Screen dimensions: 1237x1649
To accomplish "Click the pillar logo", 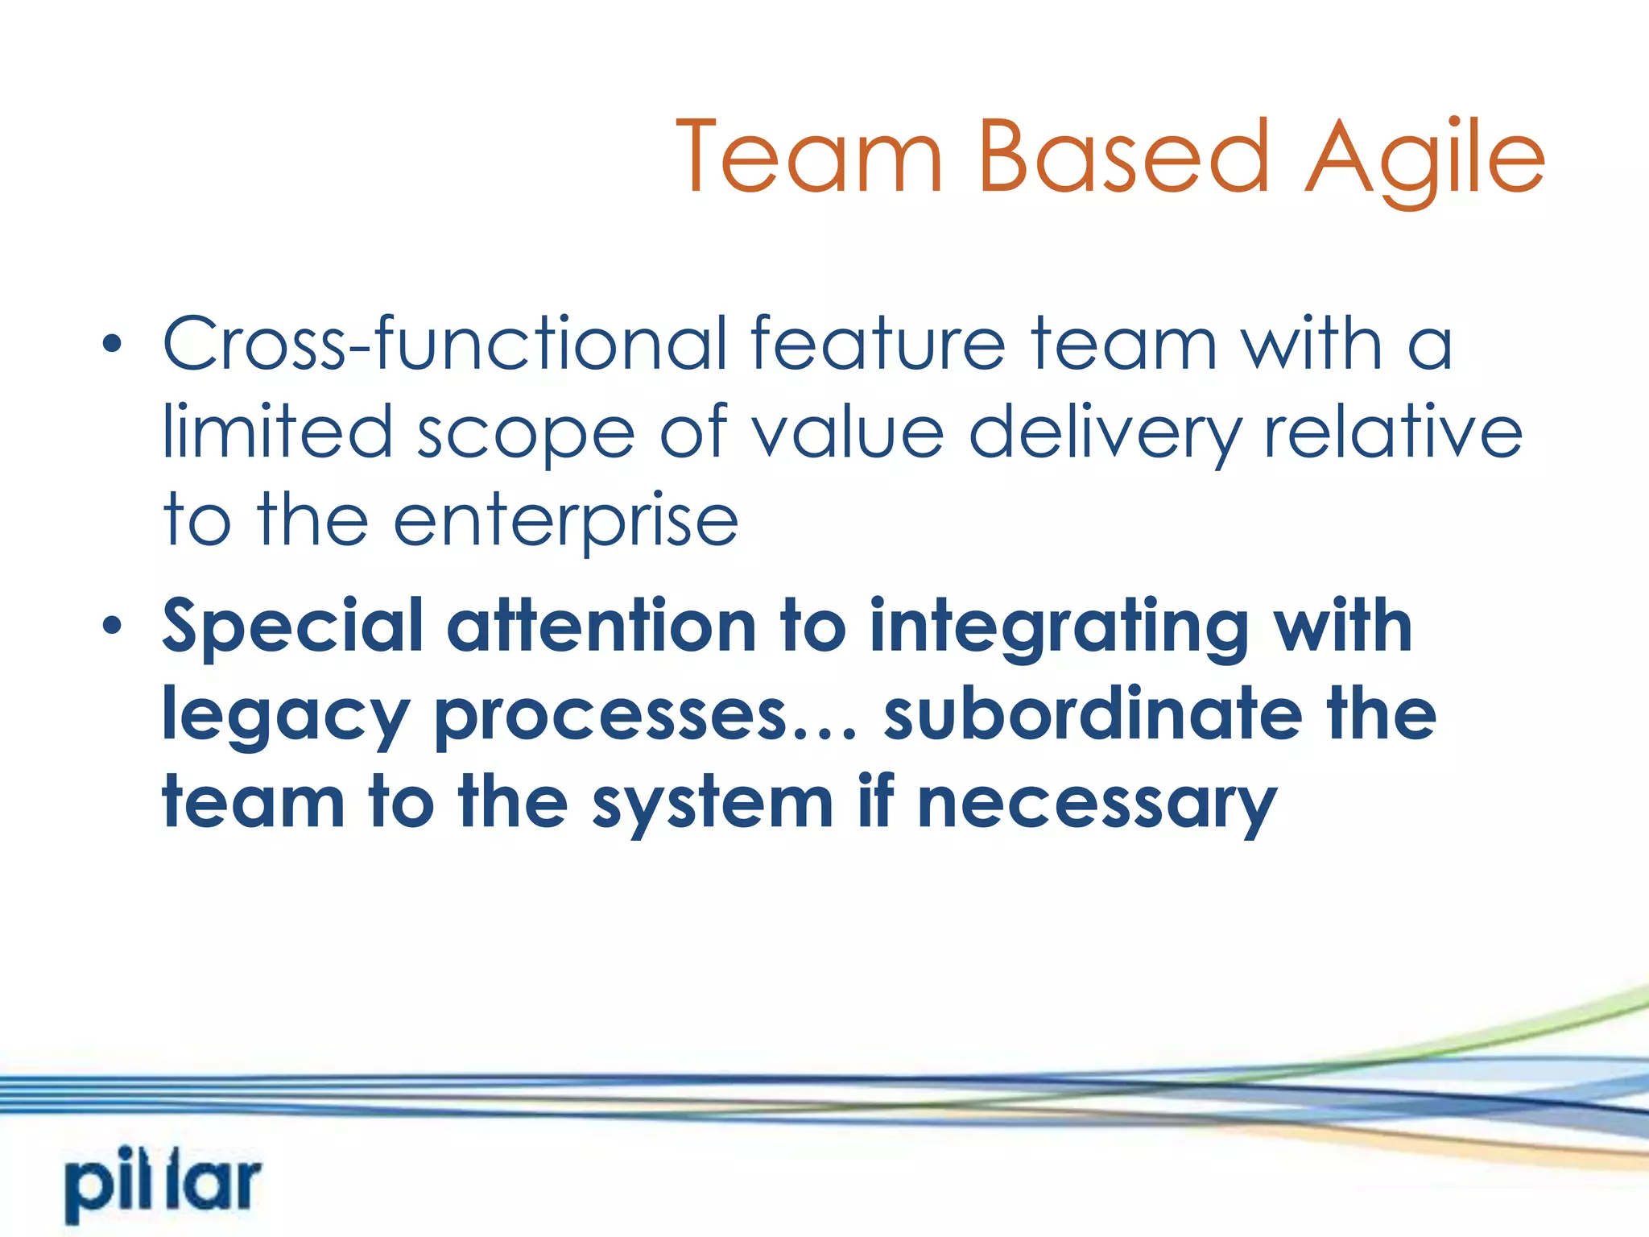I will (x=163, y=1185).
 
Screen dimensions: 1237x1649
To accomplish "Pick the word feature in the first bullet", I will (x=878, y=344).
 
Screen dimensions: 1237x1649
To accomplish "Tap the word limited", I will (x=278, y=432).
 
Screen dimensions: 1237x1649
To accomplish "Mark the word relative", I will (x=1393, y=432).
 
